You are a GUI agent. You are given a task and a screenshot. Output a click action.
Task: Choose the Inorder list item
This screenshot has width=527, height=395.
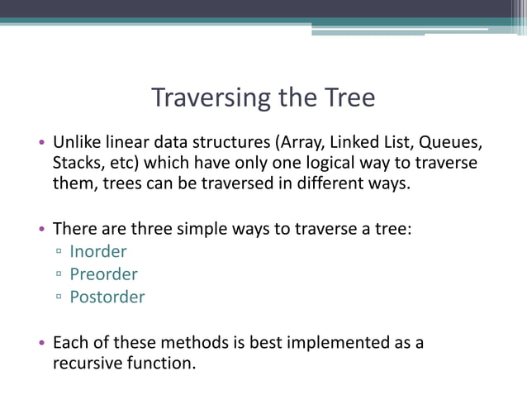tap(98, 251)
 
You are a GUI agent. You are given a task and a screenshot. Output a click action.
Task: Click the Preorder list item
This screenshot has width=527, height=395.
tap(103, 274)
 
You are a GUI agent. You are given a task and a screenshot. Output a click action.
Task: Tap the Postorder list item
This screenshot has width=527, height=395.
tap(107, 297)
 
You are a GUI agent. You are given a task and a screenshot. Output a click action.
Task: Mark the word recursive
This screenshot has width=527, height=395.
tap(86, 363)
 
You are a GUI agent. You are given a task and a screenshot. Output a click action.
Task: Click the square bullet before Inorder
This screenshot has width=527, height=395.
tap(59, 252)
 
